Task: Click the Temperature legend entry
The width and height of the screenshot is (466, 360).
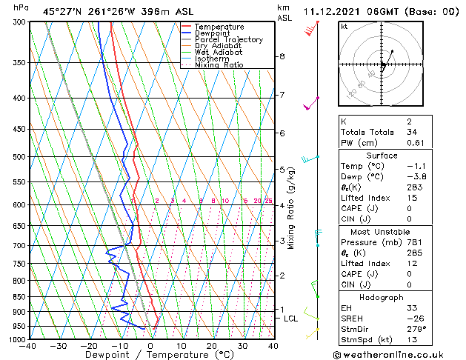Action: click(219, 27)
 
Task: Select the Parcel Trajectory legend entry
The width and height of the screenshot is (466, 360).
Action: click(228, 39)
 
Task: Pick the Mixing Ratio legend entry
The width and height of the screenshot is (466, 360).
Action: click(219, 65)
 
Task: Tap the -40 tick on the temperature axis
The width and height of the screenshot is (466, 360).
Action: click(29, 346)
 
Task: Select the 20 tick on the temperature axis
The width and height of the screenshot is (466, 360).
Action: click(212, 346)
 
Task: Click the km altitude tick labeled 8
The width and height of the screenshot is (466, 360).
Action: click(282, 56)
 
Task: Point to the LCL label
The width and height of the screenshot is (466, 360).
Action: click(291, 319)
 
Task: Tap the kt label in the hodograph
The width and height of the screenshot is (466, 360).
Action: click(344, 27)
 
